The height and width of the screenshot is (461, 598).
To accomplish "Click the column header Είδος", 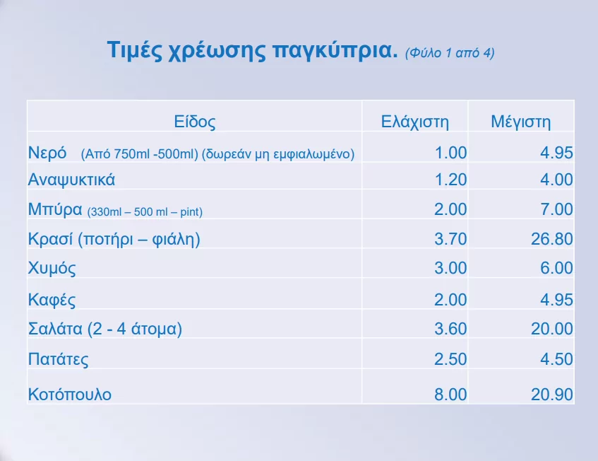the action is (x=194, y=122).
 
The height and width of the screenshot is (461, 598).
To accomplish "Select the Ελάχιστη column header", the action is (x=415, y=122).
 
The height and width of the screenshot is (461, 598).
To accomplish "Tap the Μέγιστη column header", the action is (x=520, y=122).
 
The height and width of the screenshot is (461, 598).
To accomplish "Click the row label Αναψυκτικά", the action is (x=71, y=180).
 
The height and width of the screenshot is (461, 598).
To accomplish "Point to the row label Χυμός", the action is (x=52, y=268).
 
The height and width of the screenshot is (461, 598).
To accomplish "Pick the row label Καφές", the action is (x=52, y=300).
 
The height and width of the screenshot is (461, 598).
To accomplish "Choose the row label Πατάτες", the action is (x=59, y=359).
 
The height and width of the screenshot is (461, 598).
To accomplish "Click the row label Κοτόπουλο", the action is (x=70, y=394).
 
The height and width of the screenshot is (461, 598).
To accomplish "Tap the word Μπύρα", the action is (x=55, y=210).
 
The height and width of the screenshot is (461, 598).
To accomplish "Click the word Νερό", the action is (x=47, y=153).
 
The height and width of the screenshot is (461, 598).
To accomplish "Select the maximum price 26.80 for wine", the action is (x=552, y=239).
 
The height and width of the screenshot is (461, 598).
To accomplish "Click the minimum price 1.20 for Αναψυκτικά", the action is (x=450, y=180).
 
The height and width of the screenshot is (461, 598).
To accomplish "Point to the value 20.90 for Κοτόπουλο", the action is (x=552, y=394).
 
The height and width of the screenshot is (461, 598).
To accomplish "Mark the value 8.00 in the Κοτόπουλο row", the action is (x=450, y=394).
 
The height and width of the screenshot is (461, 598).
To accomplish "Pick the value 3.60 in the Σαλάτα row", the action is (x=450, y=329).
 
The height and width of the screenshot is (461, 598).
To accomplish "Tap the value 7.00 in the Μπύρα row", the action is (x=556, y=209).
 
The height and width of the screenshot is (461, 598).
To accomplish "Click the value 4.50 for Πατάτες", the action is (x=556, y=359).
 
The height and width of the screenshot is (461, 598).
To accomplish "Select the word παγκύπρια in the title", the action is (x=335, y=50).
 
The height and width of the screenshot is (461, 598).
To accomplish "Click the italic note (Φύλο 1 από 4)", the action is (x=450, y=53).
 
